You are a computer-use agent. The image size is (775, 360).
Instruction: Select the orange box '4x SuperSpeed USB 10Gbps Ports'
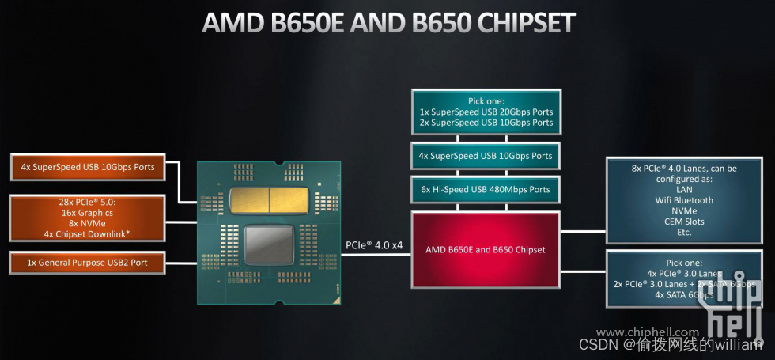point(88,167)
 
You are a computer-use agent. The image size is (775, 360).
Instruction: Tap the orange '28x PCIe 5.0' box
point(88,218)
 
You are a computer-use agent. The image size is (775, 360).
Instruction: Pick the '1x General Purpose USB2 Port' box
point(88,263)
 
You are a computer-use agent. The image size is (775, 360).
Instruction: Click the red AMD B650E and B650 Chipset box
point(485,249)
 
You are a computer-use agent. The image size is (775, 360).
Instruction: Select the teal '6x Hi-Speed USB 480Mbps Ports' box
point(486,189)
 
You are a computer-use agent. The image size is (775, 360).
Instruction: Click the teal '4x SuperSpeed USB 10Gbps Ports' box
point(486,156)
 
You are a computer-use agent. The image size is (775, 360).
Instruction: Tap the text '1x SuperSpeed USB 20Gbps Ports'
point(486,112)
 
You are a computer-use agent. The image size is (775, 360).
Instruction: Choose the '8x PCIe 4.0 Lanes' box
point(683,200)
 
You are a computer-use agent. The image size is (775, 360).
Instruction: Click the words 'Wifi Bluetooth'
point(684,200)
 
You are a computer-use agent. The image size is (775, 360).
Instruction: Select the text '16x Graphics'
point(88,213)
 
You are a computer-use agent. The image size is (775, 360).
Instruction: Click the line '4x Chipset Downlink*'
point(88,233)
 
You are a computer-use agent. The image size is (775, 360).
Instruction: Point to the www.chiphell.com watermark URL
point(647,332)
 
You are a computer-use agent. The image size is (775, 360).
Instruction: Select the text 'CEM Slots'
point(684,222)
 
